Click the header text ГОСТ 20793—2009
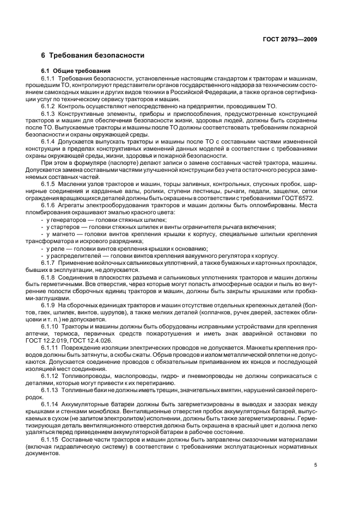coord(290,39)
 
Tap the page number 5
coord(316,465)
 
